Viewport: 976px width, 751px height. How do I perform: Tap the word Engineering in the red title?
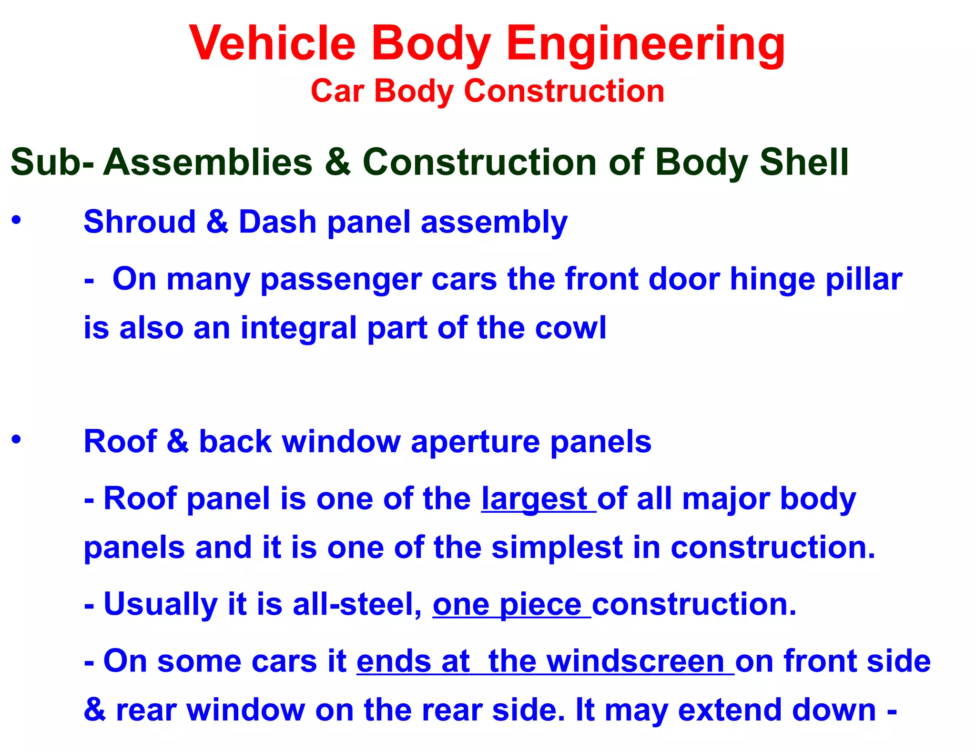point(646,44)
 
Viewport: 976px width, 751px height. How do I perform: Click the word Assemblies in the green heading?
point(207,162)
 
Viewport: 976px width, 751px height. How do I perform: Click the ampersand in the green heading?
point(337,162)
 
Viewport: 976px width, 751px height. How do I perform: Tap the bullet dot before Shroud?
point(17,220)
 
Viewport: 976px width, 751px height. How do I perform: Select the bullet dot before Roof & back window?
point(17,439)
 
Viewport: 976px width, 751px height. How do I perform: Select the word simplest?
point(557,548)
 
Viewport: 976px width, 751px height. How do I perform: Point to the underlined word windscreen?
point(635,661)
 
